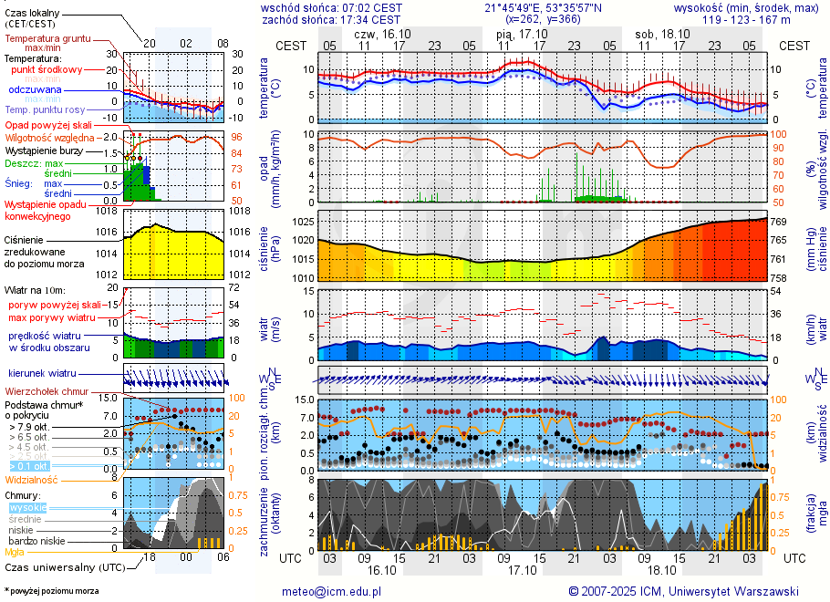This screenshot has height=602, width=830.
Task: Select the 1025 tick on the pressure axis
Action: click(x=303, y=223)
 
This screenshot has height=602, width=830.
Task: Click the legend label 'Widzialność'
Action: click(x=31, y=478)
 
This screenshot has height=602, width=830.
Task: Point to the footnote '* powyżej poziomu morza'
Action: click(x=51, y=591)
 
